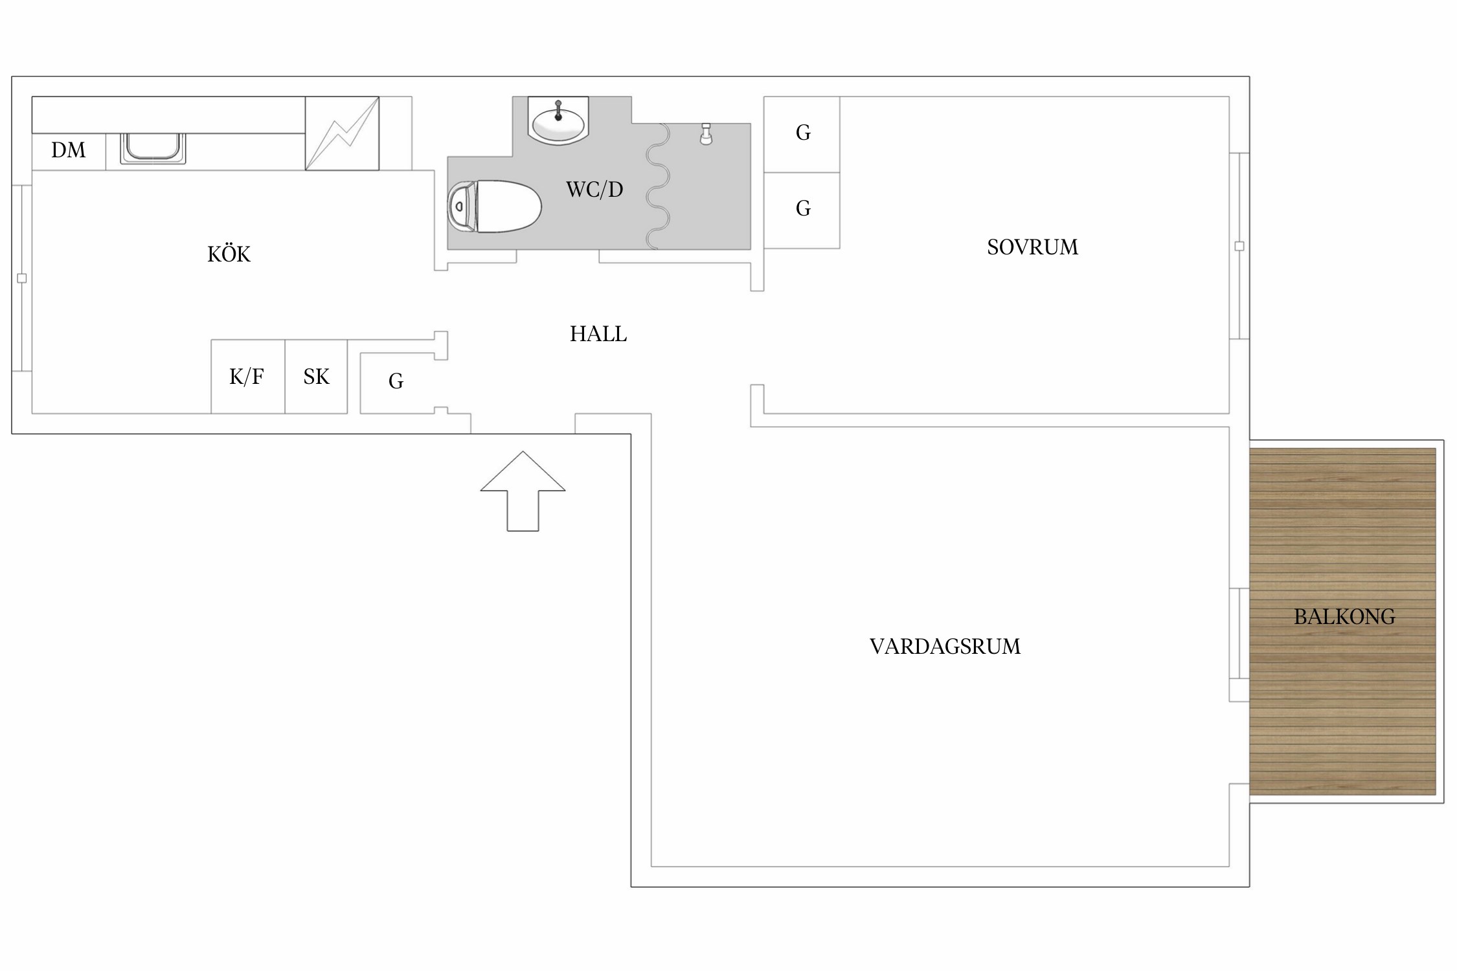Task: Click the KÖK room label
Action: click(x=229, y=254)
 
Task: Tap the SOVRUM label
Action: click(x=1032, y=247)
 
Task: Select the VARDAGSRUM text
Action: click(x=945, y=647)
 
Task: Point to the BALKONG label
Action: click(x=1344, y=617)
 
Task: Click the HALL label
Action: click(x=598, y=334)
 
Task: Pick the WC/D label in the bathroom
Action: click(x=594, y=190)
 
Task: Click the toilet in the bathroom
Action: click(x=494, y=206)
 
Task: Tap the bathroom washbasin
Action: click(x=558, y=120)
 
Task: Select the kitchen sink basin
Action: click(x=153, y=148)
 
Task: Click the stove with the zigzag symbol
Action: click(x=342, y=133)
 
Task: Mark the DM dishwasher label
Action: click(x=68, y=150)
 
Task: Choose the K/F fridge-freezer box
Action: click(x=248, y=377)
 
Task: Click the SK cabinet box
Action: click(x=316, y=377)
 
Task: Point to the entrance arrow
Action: click(x=523, y=491)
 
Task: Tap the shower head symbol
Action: click(x=706, y=134)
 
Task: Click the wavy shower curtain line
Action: click(x=658, y=186)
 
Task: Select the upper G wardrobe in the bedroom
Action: click(x=802, y=134)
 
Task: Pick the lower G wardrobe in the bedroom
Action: click(x=802, y=210)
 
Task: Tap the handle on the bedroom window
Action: click(x=1239, y=246)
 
